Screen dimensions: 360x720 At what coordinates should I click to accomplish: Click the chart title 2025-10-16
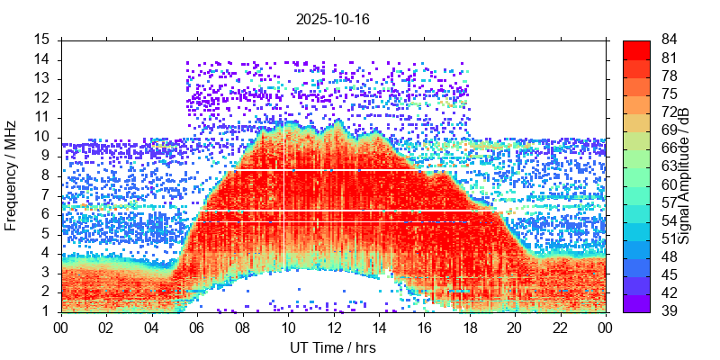pyautogui.click(x=333, y=18)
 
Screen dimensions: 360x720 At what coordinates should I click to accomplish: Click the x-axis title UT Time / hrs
pyautogui.click(x=332, y=347)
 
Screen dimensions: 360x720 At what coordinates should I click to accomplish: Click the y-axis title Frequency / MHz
pyautogui.click(x=11, y=175)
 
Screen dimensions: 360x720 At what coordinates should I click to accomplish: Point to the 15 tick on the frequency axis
pyautogui.click(x=42, y=40)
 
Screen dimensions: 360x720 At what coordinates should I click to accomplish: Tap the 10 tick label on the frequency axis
pyautogui.click(x=42, y=137)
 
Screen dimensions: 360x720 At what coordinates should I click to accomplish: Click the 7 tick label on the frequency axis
pyautogui.click(x=46, y=195)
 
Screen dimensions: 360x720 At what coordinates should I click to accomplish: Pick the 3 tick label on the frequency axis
pyautogui.click(x=46, y=273)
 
